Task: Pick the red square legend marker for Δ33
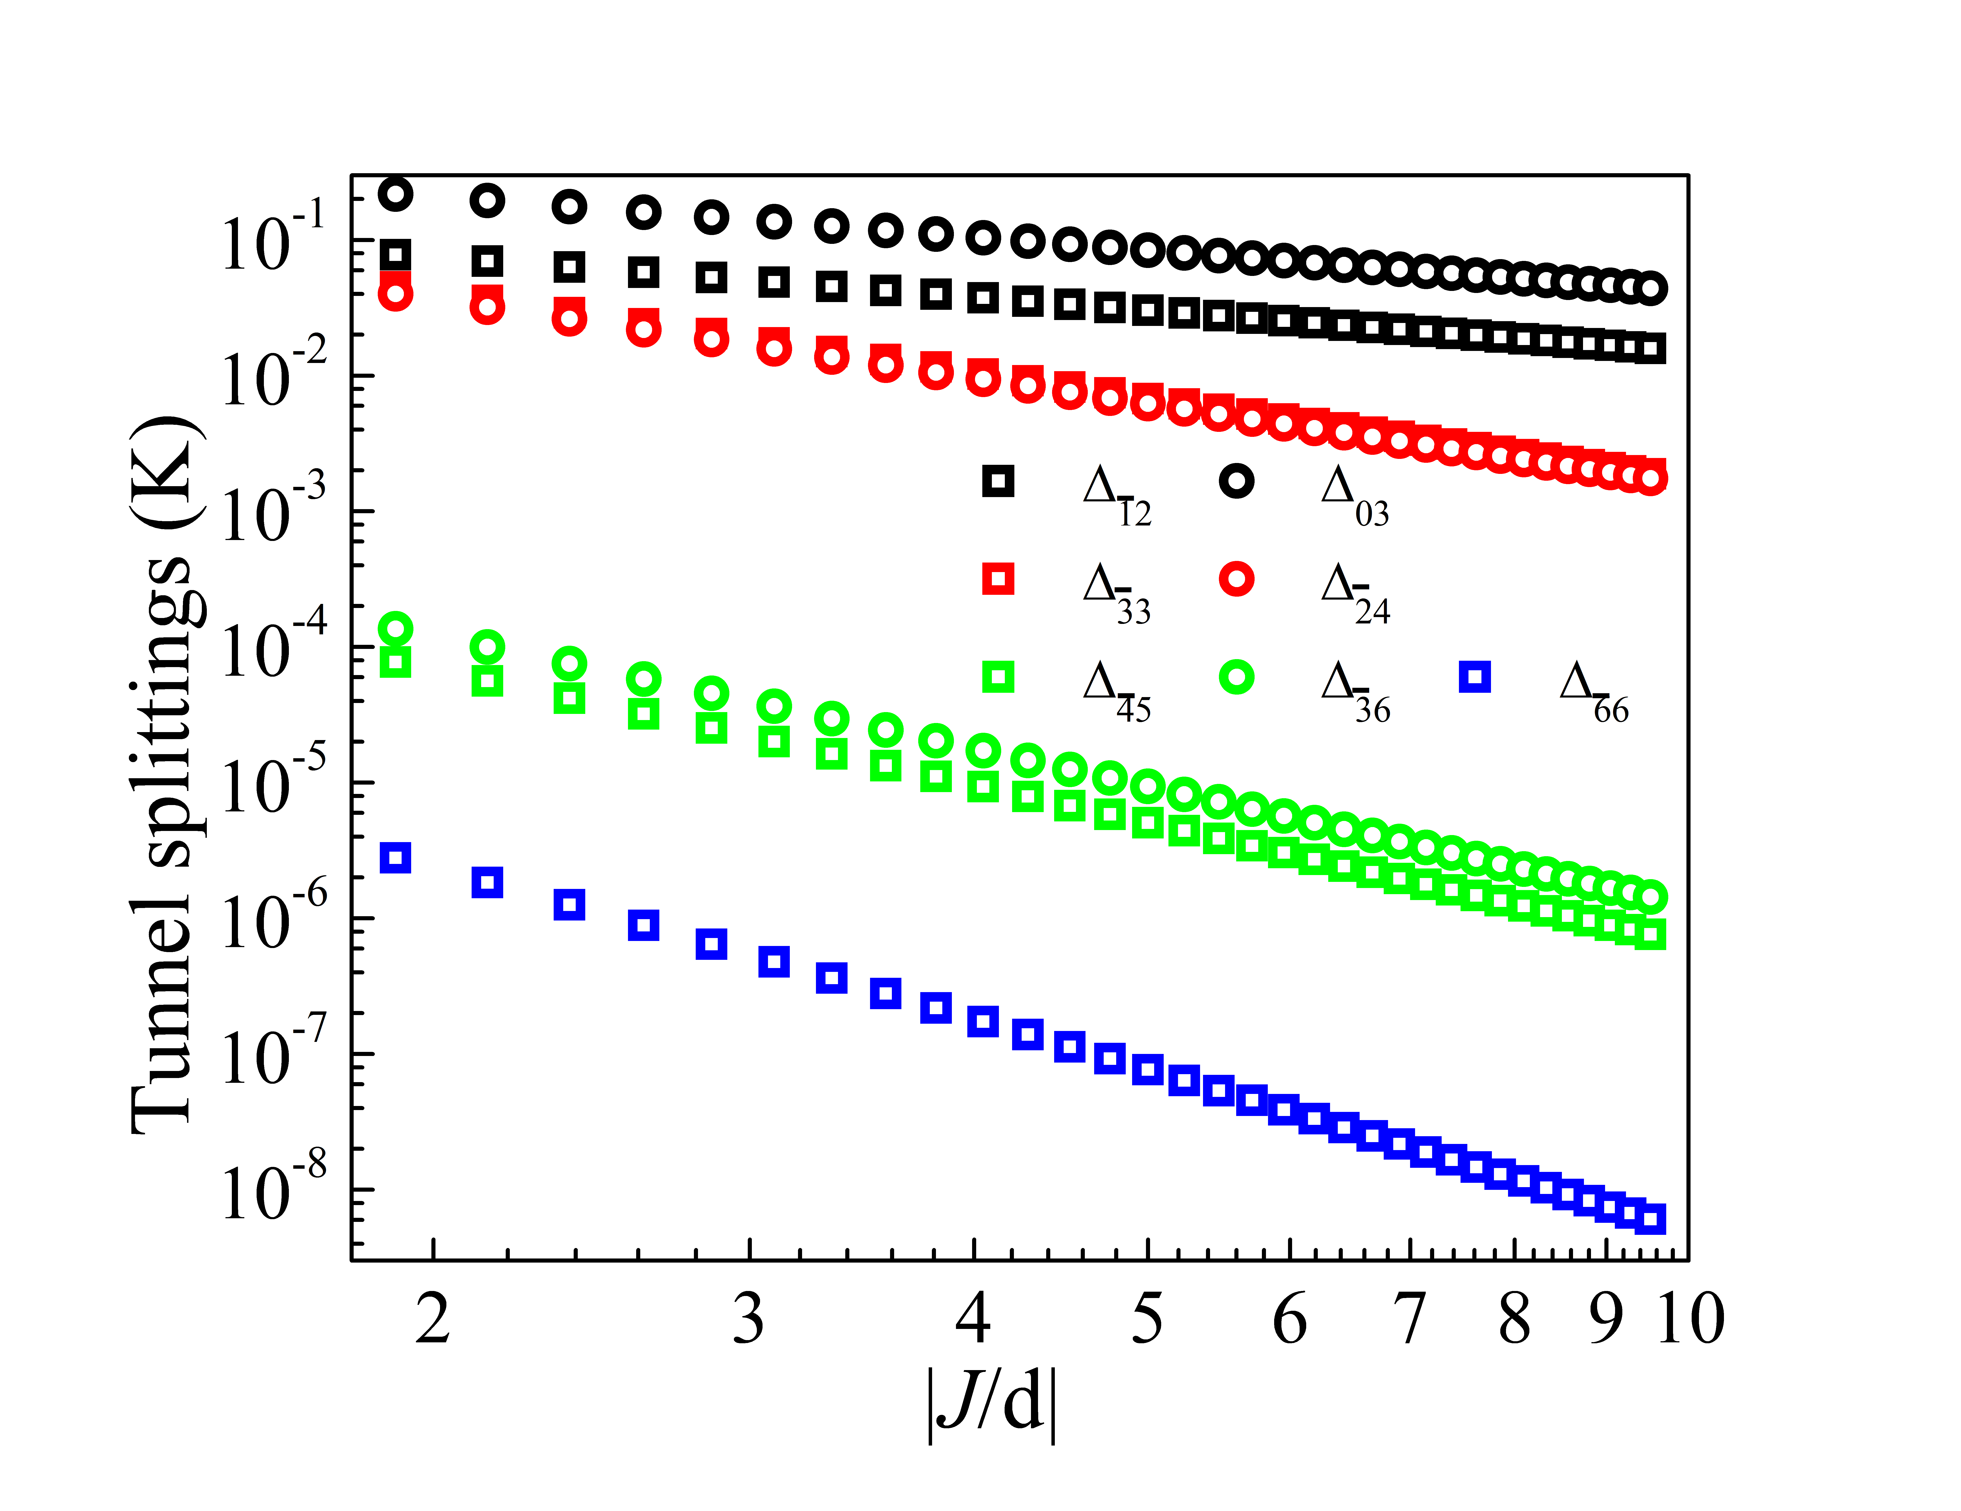click(998, 579)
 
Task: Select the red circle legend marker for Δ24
click(1236, 579)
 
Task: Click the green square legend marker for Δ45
click(998, 677)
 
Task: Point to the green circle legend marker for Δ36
click(1236, 677)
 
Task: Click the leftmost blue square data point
click(395, 857)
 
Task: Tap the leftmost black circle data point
click(395, 193)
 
